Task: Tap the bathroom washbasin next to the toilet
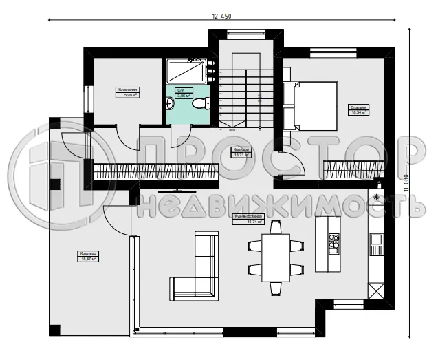coord(171,104)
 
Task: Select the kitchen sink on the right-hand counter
coord(376,240)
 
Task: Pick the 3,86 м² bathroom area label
coord(183,96)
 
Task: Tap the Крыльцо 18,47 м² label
coord(88,257)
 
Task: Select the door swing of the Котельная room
coord(127,136)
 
